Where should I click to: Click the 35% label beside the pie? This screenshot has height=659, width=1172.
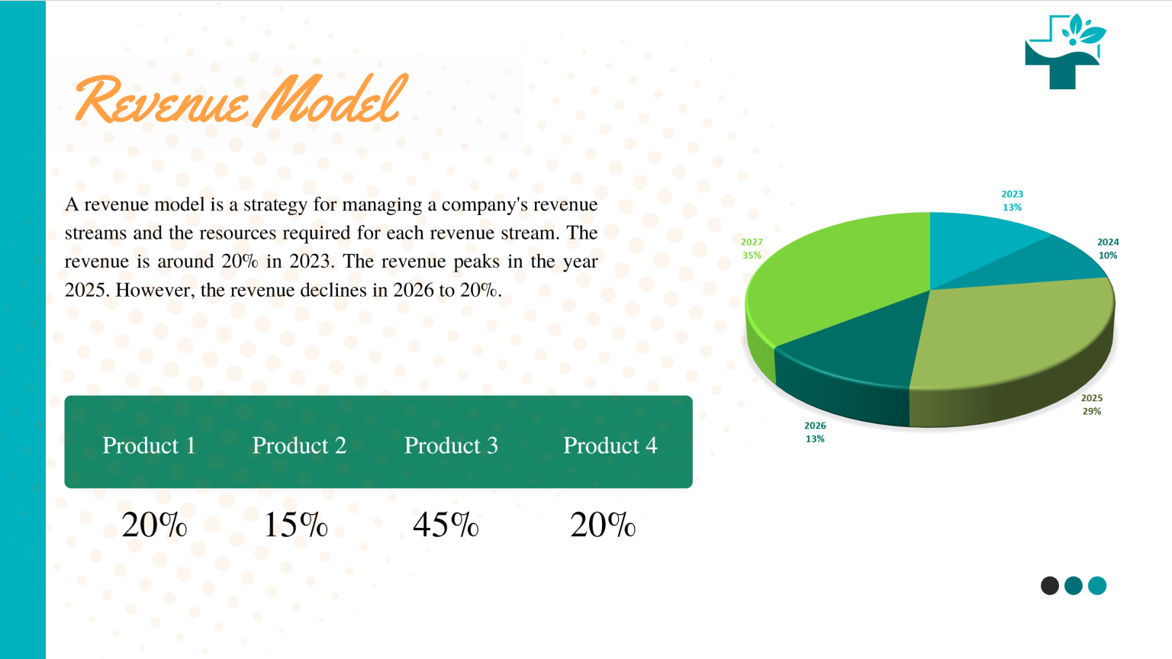[x=752, y=256]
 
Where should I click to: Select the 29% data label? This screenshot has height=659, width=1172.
[x=1092, y=411]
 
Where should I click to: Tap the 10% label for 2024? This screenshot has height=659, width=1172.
[x=1108, y=256]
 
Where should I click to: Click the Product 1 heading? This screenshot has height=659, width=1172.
[x=149, y=445]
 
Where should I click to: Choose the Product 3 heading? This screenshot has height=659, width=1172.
[x=451, y=445]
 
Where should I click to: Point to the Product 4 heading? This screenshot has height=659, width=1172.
[x=610, y=445]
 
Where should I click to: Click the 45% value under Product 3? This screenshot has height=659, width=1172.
[x=446, y=525]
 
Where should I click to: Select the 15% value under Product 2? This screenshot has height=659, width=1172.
[x=295, y=525]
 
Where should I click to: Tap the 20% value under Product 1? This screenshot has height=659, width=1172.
[x=154, y=525]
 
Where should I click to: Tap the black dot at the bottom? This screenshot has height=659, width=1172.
[x=1050, y=586]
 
